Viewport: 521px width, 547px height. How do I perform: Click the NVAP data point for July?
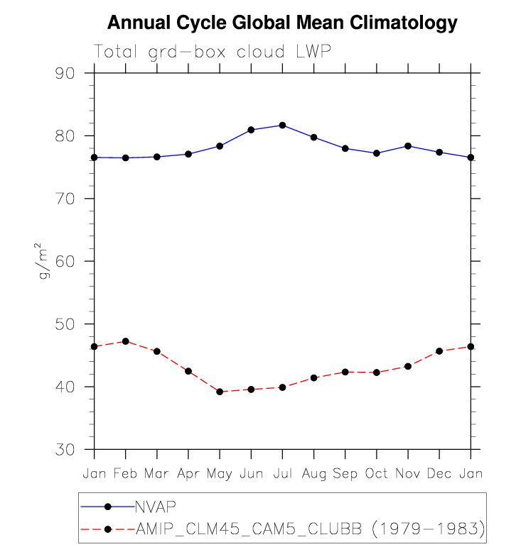(282, 125)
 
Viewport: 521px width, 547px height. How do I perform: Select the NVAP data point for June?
(251, 130)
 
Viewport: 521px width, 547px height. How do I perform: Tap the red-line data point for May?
(220, 392)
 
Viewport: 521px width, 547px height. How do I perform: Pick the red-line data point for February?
(126, 341)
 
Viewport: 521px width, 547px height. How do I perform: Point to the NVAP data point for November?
(408, 146)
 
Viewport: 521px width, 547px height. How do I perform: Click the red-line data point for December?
(439, 351)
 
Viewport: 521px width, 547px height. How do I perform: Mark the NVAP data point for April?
(188, 154)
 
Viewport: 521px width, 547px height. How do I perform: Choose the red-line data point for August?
(313, 378)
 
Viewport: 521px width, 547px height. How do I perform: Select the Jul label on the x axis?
(282, 473)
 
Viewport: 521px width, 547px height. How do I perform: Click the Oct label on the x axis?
(377, 473)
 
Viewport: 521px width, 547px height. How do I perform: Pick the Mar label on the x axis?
(157, 473)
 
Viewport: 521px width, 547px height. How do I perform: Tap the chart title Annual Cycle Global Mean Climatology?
(281, 23)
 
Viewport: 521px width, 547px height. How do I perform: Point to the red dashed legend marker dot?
(108, 529)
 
